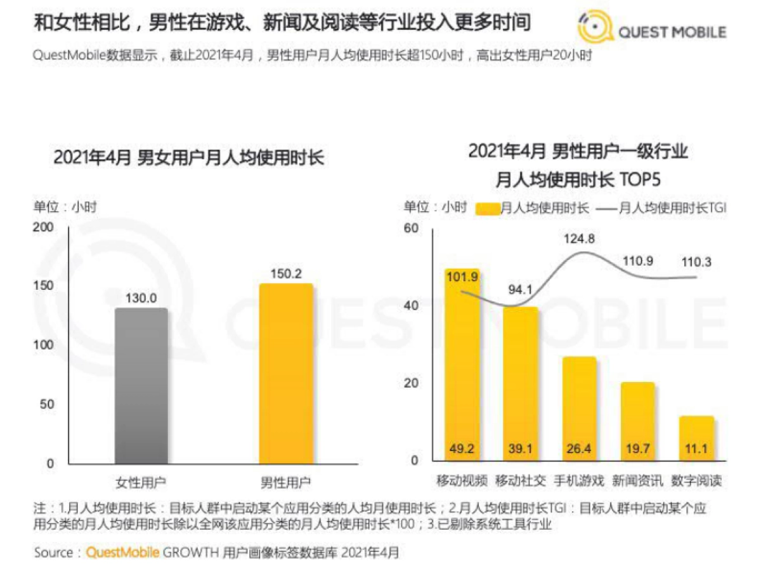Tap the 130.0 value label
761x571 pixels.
click(141, 298)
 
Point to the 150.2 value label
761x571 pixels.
click(286, 273)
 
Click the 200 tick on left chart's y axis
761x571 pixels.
click(44, 228)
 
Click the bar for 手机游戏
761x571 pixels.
click(578, 409)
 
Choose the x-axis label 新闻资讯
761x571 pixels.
click(637, 480)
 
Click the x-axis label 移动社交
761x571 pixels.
click(521, 480)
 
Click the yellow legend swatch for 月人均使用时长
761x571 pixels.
click(487, 208)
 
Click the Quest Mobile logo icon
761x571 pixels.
click(595, 27)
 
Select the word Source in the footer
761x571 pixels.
click(54, 553)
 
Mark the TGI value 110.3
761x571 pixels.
click(696, 261)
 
